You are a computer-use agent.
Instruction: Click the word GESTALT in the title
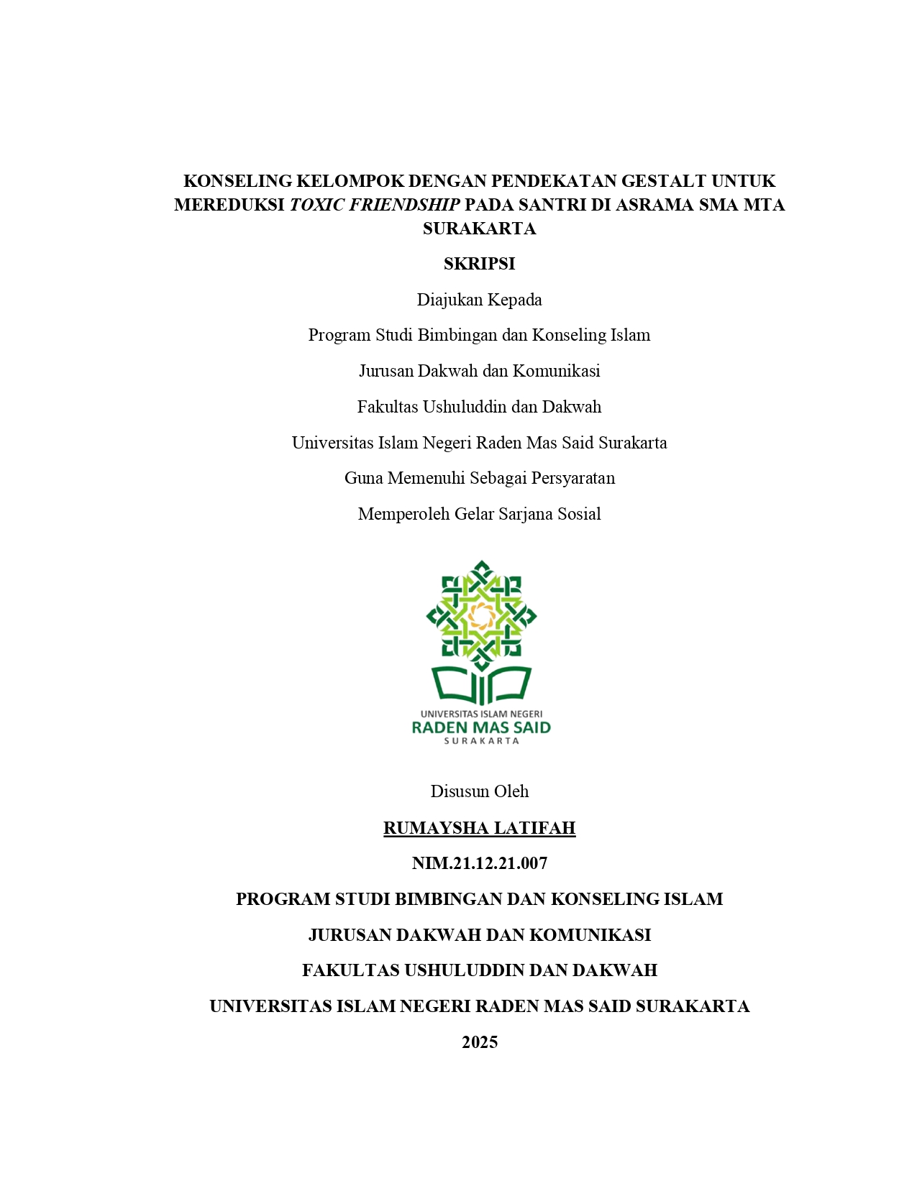(663, 181)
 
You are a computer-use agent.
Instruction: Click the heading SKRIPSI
(479, 264)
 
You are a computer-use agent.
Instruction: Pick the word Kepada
(514, 300)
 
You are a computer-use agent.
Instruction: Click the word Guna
(363, 478)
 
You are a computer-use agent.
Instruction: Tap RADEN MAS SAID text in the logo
(480, 727)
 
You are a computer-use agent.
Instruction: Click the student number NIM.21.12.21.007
(479, 863)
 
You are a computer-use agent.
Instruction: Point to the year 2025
(479, 1042)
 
